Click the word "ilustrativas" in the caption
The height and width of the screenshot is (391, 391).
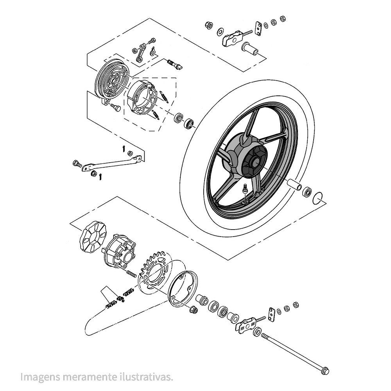tap(148, 377)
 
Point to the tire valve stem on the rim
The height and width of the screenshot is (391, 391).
tap(244, 189)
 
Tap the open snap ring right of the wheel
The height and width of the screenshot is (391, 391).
tap(319, 198)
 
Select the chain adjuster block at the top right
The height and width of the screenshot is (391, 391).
tap(233, 38)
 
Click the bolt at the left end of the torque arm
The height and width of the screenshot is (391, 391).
tap(76, 163)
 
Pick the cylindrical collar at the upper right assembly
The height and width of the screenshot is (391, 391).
tap(250, 50)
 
